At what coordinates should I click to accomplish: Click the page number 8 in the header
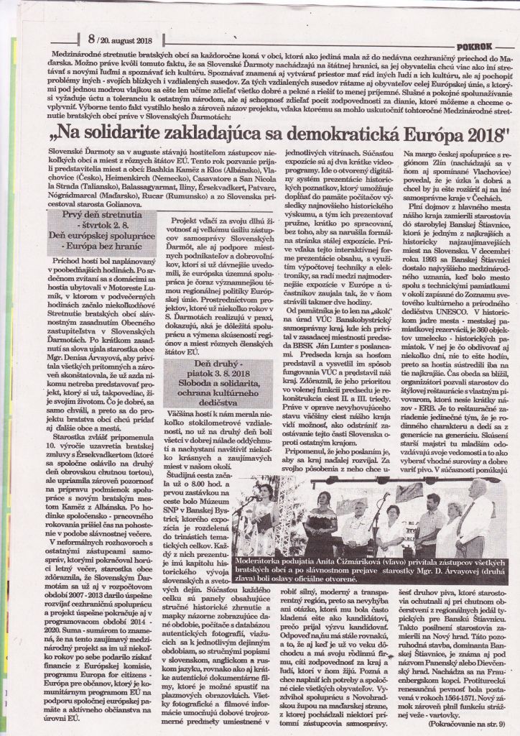click(92, 41)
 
